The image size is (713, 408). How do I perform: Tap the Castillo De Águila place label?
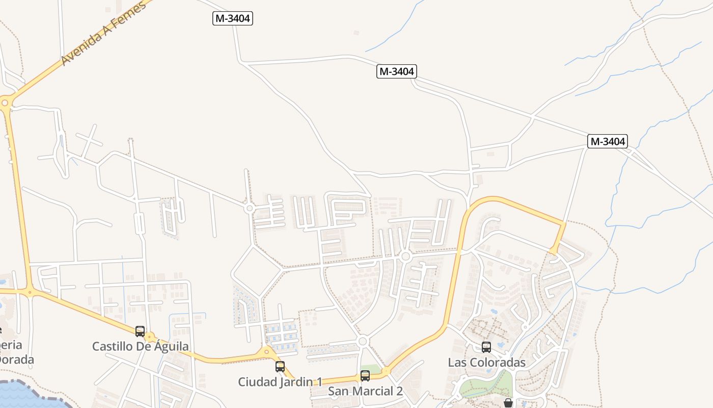(140, 346)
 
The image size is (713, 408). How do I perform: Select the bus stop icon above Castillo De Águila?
(140, 331)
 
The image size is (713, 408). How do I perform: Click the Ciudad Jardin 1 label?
(280, 381)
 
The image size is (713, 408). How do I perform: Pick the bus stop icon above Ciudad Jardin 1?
(280, 366)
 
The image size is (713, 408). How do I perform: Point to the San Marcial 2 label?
(365, 391)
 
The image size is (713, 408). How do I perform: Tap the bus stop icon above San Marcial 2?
(365, 376)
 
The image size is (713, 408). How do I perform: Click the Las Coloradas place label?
(486, 362)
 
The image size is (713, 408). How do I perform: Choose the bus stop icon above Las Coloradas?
(486, 347)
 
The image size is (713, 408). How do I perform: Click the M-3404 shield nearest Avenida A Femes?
(233, 18)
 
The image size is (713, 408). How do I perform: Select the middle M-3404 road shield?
(397, 71)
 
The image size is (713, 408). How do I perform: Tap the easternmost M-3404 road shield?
(607, 141)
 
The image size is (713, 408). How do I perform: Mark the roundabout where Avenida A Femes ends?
(5, 103)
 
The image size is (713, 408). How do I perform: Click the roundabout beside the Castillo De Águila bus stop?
(150, 337)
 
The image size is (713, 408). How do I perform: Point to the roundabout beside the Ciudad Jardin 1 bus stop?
(266, 352)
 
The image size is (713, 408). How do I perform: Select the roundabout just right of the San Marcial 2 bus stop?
(386, 371)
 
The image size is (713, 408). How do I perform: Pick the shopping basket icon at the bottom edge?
(508, 403)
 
